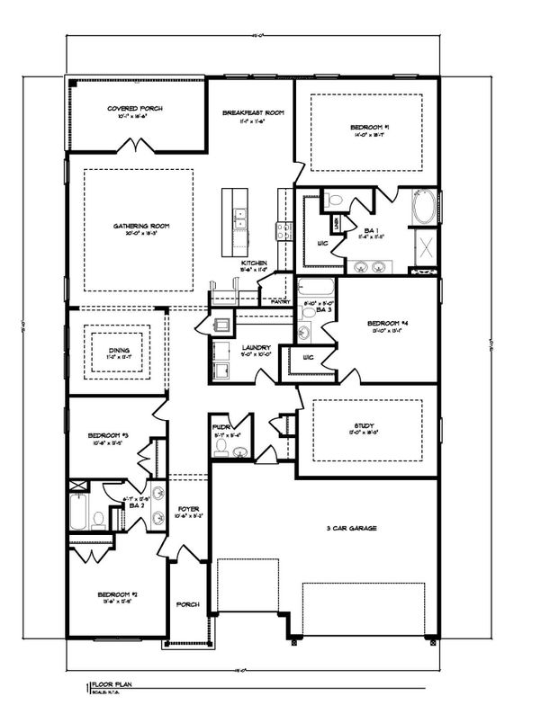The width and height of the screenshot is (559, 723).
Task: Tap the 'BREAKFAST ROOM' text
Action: tap(253, 112)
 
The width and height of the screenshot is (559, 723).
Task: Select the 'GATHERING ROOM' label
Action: tap(141, 226)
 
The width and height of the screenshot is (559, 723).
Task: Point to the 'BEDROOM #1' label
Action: tap(369, 128)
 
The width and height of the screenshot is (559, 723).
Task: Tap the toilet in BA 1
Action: tap(331, 201)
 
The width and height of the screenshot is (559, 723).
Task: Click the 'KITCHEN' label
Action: tap(253, 263)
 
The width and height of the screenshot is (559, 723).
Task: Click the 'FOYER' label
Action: tap(188, 509)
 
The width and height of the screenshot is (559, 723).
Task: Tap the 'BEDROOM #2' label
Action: tap(116, 594)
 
